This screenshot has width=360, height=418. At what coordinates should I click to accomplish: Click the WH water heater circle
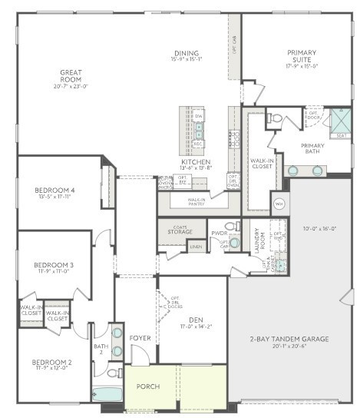279,204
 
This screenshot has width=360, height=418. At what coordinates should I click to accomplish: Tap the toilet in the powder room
232,226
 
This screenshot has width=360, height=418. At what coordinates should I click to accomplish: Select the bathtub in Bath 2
107,393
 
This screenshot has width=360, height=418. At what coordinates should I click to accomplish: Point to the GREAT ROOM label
71,76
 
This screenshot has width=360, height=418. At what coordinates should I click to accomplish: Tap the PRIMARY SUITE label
302,56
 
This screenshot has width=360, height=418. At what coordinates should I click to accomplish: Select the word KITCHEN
195,162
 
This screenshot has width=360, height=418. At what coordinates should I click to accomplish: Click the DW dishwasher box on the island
198,115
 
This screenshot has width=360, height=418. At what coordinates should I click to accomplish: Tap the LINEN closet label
197,247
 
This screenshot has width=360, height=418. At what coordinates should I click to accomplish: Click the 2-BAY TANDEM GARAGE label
289,339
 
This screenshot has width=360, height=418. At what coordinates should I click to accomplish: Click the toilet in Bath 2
112,373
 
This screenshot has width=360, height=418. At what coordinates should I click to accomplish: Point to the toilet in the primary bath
276,118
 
